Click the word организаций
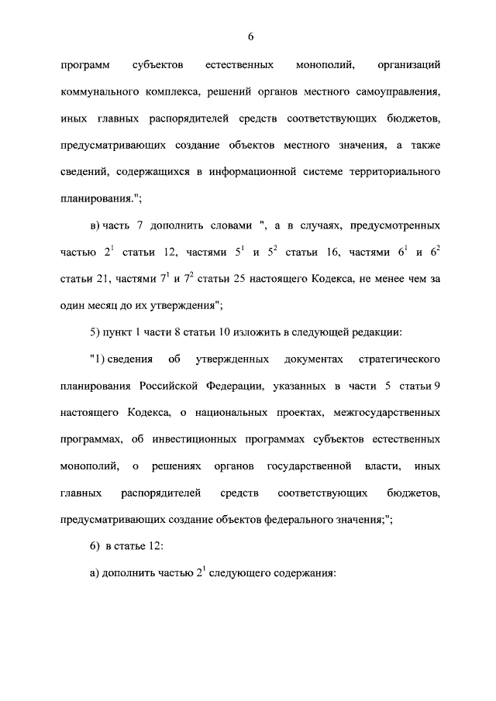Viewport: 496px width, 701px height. click(x=408, y=64)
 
